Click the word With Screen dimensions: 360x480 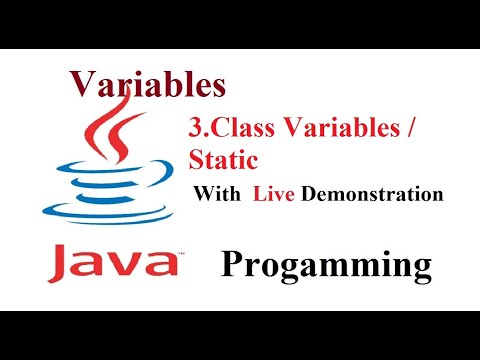pyautogui.click(x=218, y=194)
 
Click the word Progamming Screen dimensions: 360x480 pyautogui.click(x=326, y=266)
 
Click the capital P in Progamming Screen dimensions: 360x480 pyautogui.click(x=232, y=265)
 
